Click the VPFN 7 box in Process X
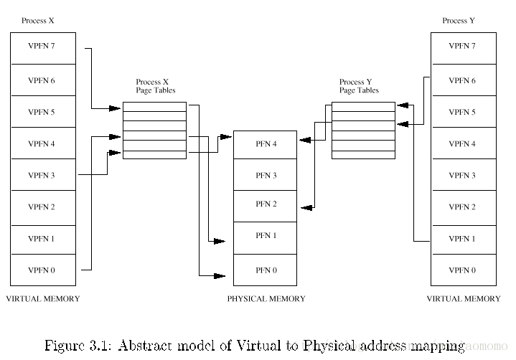(41, 48)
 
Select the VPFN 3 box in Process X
(41, 175)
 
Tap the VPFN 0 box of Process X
(41, 270)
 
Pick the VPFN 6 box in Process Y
(461, 80)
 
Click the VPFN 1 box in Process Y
(461, 239)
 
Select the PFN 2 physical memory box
(266, 204)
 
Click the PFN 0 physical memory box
(266, 270)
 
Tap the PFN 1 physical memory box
(266, 236)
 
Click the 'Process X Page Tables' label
(155, 87)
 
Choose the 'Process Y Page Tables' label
(359, 87)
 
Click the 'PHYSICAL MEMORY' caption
(266, 299)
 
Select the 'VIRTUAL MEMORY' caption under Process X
(42, 298)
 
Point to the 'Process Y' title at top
(458, 21)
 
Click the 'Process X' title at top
(38, 21)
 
